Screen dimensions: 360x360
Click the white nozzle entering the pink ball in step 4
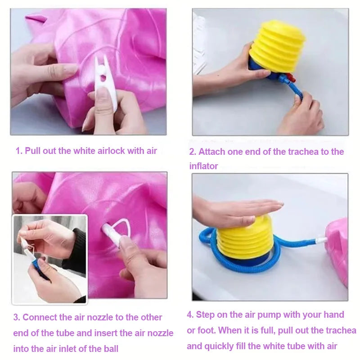point(321,240)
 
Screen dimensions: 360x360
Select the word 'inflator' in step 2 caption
point(203,166)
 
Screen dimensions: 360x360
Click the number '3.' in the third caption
point(17,317)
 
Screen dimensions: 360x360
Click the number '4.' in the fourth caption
point(190,315)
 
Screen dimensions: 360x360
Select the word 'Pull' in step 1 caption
point(32,151)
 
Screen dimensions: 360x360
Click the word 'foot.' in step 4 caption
point(207,330)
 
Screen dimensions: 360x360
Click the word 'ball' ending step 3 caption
point(111,349)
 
